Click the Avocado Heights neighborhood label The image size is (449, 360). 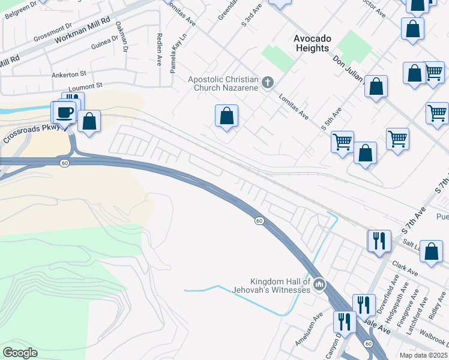pyautogui.click(x=312, y=43)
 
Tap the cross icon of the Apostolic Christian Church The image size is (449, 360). pyautogui.click(x=268, y=82)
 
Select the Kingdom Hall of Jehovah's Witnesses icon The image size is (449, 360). pyautogui.click(x=319, y=283)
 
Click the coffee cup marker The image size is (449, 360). pyautogui.click(x=65, y=112)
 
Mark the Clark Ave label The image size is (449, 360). pyautogui.click(x=405, y=268)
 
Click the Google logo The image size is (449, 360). pyautogui.click(x=20, y=352)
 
